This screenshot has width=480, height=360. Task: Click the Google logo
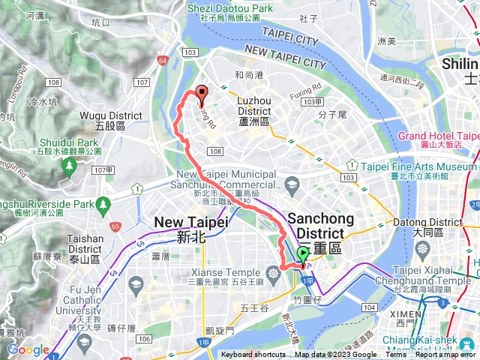pos(28,350)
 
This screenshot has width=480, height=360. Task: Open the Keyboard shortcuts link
pos(253,355)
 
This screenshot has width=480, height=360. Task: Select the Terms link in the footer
pos(395,355)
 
